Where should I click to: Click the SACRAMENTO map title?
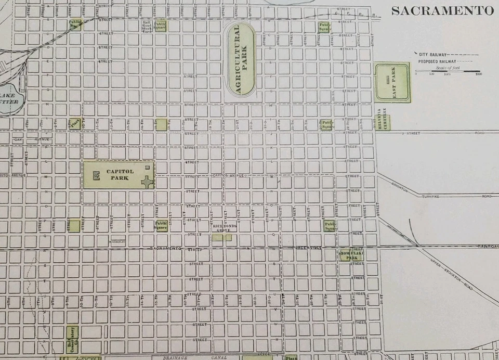(x=442, y=10)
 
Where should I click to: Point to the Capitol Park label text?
(x=120, y=174)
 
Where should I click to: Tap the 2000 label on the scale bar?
(x=478, y=74)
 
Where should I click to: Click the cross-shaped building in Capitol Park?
(x=148, y=182)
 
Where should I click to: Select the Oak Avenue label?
(x=31, y=139)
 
